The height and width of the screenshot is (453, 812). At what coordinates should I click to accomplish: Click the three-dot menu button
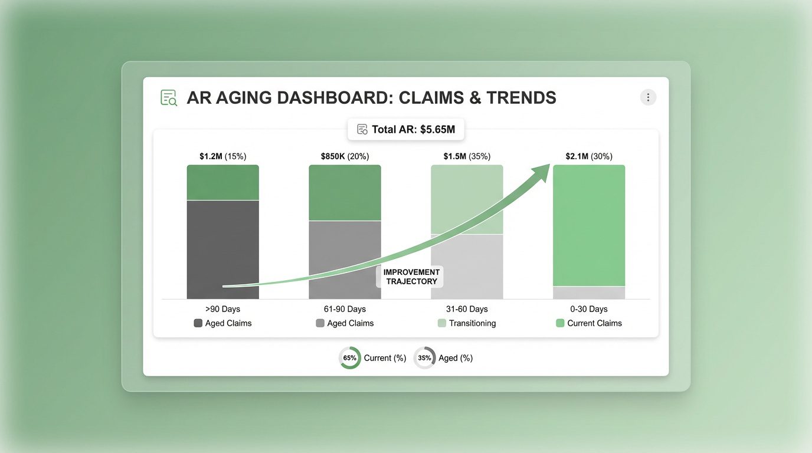(648, 97)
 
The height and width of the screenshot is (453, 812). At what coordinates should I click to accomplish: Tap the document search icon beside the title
(169, 98)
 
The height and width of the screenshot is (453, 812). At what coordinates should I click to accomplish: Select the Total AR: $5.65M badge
(406, 129)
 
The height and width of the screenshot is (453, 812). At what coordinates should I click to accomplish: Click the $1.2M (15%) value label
(222, 156)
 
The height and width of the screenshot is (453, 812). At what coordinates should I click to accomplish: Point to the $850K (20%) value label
(345, 156)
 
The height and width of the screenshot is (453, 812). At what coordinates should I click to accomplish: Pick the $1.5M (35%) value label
(467, 156)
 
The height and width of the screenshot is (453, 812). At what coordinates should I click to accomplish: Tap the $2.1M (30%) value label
(589, 156)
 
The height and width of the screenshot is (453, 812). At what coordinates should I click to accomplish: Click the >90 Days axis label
(222, 309)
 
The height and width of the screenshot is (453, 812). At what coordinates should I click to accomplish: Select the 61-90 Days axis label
(345, 309)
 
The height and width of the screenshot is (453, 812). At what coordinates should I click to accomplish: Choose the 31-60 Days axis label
(467, 309)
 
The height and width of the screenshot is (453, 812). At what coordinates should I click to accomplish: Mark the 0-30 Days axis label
(589, 309)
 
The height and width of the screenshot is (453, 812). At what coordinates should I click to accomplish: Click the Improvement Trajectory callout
(411, 277)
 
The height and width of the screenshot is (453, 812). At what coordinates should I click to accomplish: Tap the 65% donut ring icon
(349, 358)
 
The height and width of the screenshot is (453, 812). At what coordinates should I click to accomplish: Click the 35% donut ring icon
(424, 358)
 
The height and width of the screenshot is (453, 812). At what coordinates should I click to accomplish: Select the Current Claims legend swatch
(560, 323)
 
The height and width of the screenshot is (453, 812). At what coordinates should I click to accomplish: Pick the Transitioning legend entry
(467, 323)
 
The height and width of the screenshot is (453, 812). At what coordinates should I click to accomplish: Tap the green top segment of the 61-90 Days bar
(345, 192)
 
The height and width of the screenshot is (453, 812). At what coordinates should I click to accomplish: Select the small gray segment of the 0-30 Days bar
(589, 293)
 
